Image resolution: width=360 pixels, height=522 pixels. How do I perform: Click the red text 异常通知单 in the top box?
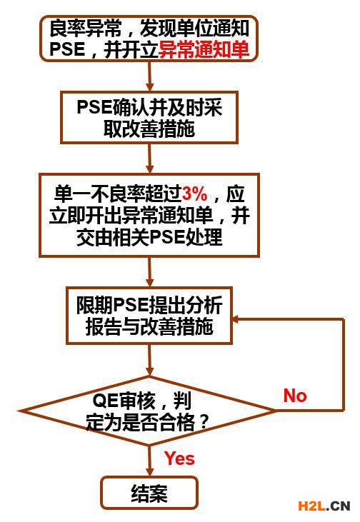[204, 49]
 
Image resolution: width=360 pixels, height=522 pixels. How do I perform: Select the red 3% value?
[195, 194]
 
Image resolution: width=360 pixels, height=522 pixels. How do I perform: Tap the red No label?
[295, 396]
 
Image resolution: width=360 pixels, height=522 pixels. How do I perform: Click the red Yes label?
[179, 458]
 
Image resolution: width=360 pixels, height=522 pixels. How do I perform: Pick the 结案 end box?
[149, 493]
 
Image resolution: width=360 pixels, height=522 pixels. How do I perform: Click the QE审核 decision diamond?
[149, 411]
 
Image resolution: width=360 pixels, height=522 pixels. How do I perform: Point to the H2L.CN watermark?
[324, 506]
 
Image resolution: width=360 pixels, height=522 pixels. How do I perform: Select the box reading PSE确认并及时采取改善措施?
[149, 118]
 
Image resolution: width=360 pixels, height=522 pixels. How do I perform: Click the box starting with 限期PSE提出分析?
[149, 316]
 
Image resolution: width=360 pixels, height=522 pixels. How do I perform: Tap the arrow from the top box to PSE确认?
[149, 76]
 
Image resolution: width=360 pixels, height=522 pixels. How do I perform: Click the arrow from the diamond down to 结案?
[149, 461]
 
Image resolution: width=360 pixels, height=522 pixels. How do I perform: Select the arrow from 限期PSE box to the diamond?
[149, 360]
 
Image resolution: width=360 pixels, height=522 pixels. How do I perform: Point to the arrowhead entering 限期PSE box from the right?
[236, 319]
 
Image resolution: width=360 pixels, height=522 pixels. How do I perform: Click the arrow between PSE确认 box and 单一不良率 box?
[149, 159]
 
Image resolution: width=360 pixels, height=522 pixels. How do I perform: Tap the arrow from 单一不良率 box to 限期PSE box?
[149, 272]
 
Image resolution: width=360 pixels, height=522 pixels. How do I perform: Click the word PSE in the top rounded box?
[67, 49]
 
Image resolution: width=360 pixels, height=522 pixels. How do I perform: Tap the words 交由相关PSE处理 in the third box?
[149, 238]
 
